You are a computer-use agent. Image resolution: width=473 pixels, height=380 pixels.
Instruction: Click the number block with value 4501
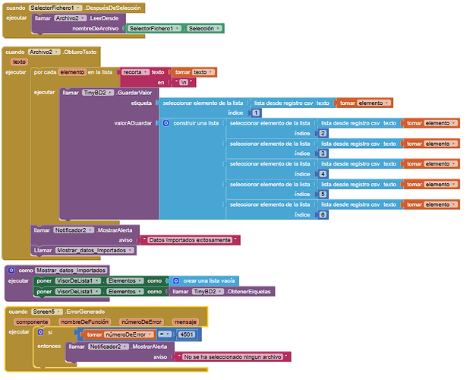[187, 334]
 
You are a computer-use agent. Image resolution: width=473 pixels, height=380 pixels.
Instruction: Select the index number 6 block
[323, 215]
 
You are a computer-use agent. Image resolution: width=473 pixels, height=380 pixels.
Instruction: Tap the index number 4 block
[323, 174]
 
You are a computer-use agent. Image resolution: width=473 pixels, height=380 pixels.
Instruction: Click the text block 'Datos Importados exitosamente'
[193, 239]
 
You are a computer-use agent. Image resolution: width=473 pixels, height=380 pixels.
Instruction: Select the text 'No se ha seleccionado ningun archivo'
[232, 356]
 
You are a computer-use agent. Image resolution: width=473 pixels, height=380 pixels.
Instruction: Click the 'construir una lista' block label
[195, 123]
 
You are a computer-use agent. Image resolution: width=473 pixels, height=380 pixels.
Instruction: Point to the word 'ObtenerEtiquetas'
[251, 291]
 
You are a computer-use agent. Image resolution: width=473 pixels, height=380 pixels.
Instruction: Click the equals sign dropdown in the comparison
[163, 334]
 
